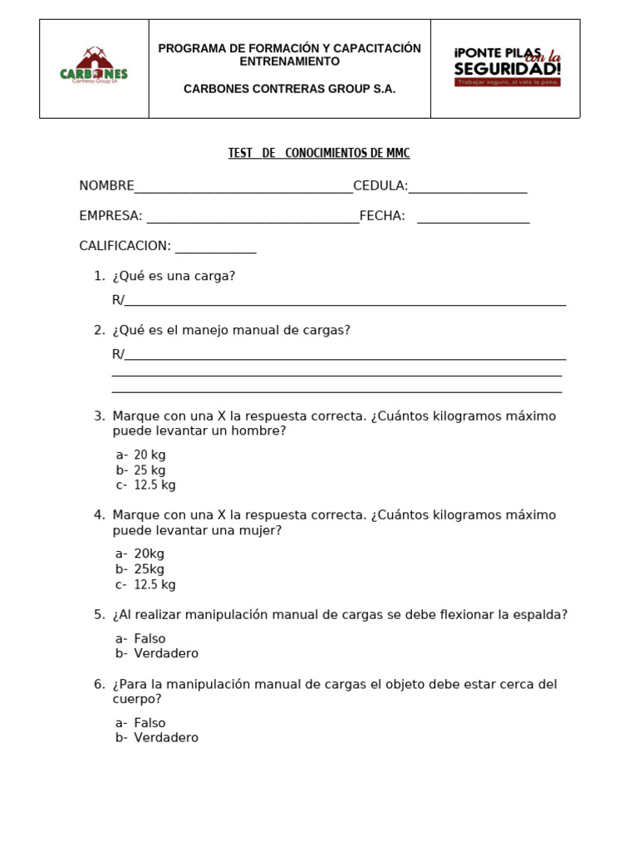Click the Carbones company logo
click(94, 66)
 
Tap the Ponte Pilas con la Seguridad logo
click(507, 66)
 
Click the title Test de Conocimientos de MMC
click(319, 154)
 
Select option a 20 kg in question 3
click(149, 455)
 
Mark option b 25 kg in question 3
click(149, 470)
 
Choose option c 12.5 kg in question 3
click(154, 485)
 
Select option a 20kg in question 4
click(149, 553)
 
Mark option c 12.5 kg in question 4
click(154, 584)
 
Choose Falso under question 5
click(150, 639)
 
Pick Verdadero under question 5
click(165, 654)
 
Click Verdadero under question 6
click(165, 738)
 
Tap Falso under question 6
click(150, 723)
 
